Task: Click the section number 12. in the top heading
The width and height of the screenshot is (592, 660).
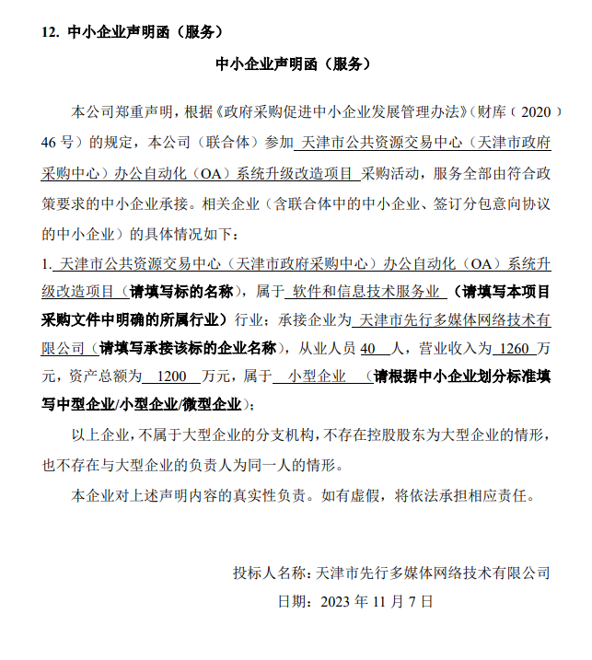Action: [x=51, y=31]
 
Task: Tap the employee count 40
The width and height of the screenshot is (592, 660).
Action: [x=368, y=349]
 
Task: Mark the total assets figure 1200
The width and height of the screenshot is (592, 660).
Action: [x=172, y=376]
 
